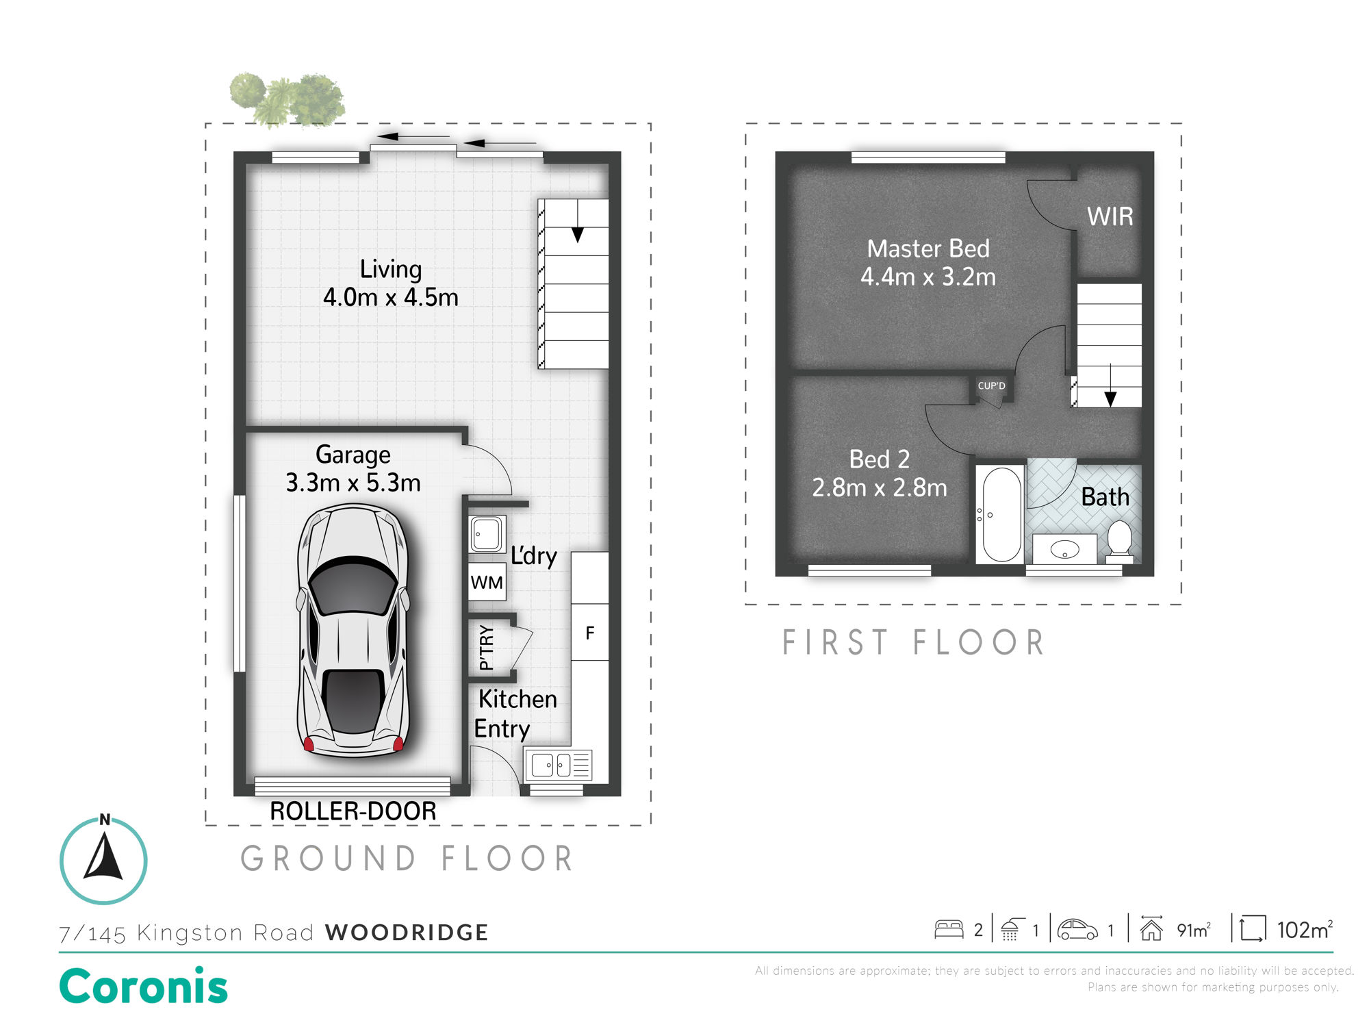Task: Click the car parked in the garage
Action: [353, 631]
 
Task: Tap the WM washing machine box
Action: [487, 582]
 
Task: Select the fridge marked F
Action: [589, 632]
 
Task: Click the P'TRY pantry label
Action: [486, 647]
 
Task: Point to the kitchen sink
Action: [558, 765]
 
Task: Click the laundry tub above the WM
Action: [487, 534]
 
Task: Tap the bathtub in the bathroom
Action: [1001, 514]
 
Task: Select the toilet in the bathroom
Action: [1120, 542]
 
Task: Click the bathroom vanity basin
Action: [1064, 548]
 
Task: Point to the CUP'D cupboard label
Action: [991, 385]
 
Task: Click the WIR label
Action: [1110, 216]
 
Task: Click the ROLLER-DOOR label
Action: [353, 811]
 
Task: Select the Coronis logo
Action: [144, 987]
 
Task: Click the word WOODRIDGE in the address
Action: [407, 932]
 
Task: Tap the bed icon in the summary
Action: [949, 929]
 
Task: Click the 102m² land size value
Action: [1304, 930]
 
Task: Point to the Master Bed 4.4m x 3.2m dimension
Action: [928, 277]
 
